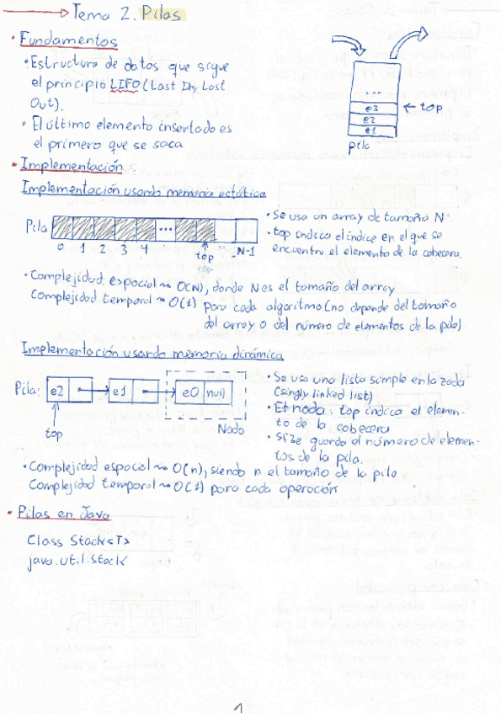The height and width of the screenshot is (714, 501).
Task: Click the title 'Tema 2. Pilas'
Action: [x=126, y=14]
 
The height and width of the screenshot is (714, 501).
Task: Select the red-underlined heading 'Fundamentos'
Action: [x=69, y=40]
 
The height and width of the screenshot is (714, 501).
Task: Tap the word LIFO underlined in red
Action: [x=125, y=85]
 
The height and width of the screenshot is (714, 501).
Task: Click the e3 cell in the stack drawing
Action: [x=371, y=109]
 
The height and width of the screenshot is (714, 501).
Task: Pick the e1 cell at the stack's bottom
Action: [x=371, y=131]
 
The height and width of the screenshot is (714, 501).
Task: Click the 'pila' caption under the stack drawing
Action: [x=360, y=145]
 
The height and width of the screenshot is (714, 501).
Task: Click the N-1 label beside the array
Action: [x=246, y=251]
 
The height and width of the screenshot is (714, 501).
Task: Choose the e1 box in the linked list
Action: [x=120, y=390]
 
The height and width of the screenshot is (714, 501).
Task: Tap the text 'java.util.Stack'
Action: [x=77, y=561]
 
